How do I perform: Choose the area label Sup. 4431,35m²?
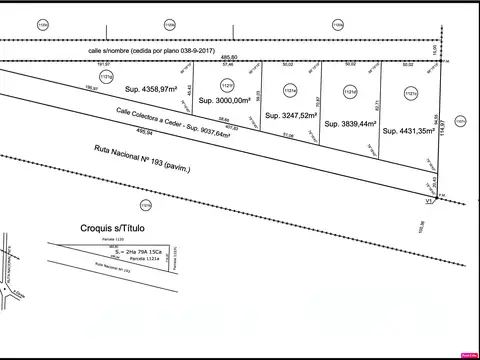tap(407, 130)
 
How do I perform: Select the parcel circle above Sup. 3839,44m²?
tap(350, 93)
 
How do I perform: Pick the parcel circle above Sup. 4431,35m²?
tap(410, 94)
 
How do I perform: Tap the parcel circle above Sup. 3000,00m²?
tap(227, 83)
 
